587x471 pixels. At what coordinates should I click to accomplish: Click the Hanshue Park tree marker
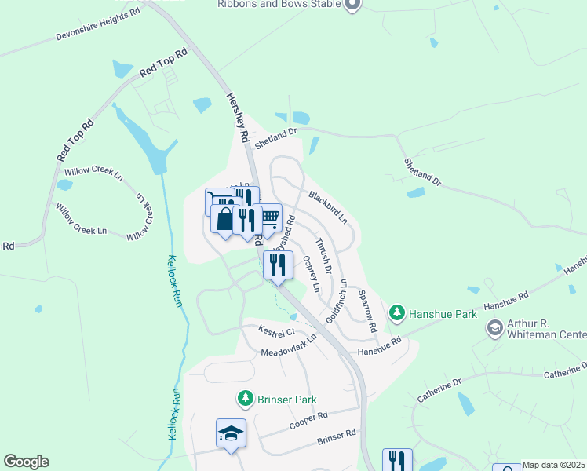pos(398,314)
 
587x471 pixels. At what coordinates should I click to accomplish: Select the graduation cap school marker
pos(232,433)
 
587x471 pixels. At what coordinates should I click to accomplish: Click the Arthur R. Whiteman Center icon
pos(494,327)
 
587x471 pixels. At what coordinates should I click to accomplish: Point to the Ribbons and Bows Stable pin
pos(352,5)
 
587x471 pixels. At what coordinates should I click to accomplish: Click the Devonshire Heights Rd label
pos(97,24)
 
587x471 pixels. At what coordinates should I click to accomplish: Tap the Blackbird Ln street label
pos(327,206)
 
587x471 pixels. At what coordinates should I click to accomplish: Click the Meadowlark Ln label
pos(289,345)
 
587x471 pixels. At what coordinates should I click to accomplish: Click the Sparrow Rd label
pos(368,309)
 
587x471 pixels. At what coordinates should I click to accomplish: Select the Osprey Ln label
pos(312,273)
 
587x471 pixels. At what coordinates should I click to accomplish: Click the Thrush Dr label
pos(324,256)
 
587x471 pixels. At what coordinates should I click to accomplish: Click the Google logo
pos(26,462)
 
